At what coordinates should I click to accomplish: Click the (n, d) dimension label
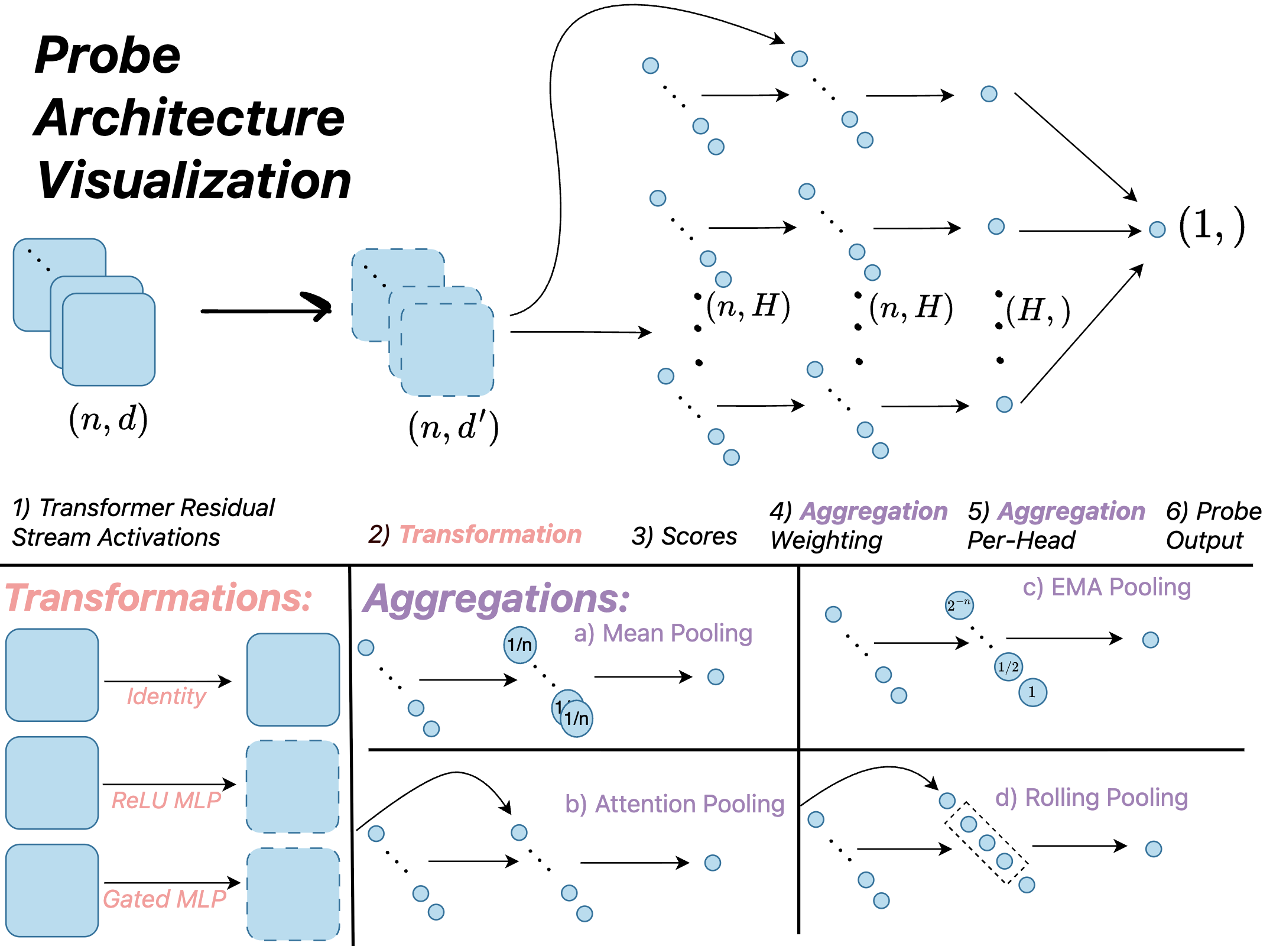coord(108,420)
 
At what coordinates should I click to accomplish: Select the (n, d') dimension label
coord(453,427)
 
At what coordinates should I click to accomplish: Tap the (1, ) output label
coord(1212,226)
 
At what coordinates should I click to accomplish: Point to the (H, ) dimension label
coord(1038,310)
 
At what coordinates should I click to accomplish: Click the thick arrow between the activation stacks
coord(266,310)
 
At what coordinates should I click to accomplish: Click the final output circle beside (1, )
coord(1157,229)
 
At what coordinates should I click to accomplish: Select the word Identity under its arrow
coord(166,696)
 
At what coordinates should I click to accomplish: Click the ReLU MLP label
coord(166,801)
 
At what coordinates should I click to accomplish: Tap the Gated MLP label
coord(165,899)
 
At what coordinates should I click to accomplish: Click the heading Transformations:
coord(158,598)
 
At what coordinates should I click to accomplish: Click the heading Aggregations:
coord(496,599)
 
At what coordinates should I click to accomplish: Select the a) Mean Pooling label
coord(663,633)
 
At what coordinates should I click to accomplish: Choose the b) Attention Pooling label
coord(674,804)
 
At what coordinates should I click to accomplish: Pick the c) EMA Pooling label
coord(1106,588)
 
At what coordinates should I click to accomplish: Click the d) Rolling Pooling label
coord(1091,798)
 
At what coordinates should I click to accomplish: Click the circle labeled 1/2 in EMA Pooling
coord(1008,667)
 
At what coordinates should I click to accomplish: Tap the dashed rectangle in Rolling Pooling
coord(986,843)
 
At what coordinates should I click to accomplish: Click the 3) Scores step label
coord(684,536)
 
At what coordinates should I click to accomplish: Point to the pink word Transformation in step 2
coord(491,534)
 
